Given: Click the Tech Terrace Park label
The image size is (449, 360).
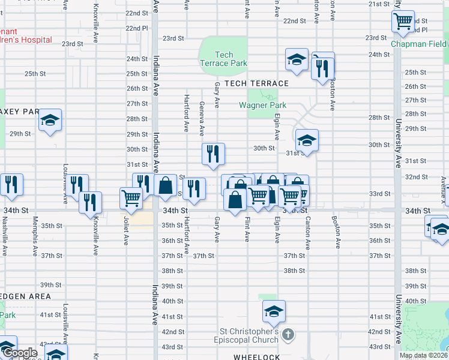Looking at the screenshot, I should [x=224, y=59].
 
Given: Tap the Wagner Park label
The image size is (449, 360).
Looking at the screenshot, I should [x=262, y=105].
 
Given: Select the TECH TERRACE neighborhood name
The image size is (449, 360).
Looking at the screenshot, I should [x=257, y=83].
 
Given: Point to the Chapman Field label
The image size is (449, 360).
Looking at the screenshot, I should [x=419, y=44].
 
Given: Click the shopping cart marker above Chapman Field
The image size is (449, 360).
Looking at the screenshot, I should [x=403, y=22].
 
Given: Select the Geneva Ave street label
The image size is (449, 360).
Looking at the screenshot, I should [x=202, y=118].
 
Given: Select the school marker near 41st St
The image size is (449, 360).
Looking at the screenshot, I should [x=273, y=311].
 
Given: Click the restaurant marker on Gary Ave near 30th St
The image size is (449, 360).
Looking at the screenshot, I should [x=213, y=154].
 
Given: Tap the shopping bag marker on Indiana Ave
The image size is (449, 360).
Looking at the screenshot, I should [x=165, y=185].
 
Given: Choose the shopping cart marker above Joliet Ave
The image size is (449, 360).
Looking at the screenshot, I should [x=131, y=197].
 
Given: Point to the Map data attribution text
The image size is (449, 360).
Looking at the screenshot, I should [x=423, y=355].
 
